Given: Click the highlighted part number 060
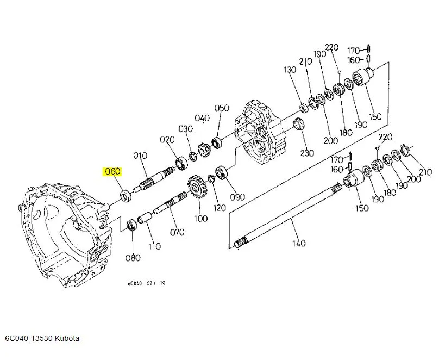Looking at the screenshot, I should (x=112, y=172).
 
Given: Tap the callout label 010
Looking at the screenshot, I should (x=140, y=156).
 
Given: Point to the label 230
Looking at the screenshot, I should (x=307, y=153).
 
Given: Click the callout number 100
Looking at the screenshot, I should (x=200, y=219).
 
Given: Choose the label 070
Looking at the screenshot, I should (x=177, y=233).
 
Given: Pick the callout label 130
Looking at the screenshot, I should (x=290, y=70).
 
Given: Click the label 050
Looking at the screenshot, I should (x=222, y=108).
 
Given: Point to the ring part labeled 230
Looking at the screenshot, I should (x=299, y=124).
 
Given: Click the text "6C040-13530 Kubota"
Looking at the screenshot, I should (x=42, y=338).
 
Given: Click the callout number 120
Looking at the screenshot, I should (x=219, y=208).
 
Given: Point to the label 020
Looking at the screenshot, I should (x=167, y=139).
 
